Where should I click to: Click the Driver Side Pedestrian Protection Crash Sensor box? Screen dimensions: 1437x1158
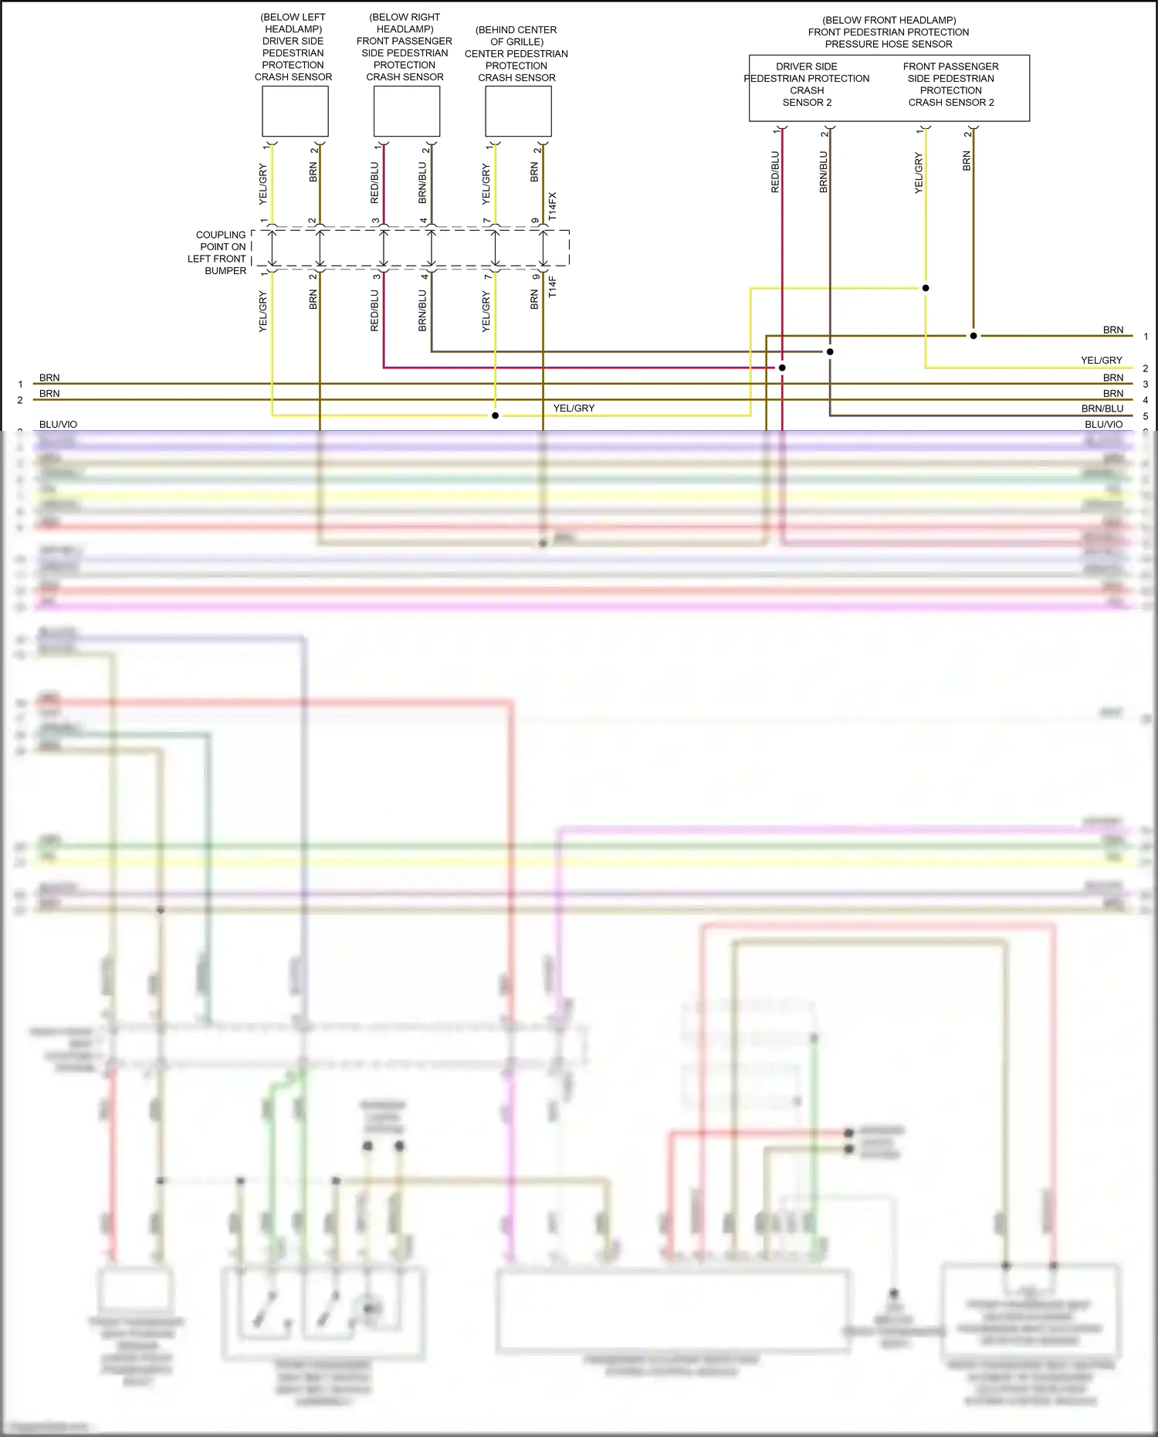[295, 111]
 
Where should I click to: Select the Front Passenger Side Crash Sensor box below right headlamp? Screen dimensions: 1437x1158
[406, 111]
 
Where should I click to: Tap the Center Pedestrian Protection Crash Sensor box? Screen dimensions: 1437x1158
[518, 111]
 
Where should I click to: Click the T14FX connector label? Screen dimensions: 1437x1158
[552, 207]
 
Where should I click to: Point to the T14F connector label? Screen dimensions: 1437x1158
[552, 287]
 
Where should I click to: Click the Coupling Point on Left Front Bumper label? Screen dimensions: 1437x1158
[218, 252]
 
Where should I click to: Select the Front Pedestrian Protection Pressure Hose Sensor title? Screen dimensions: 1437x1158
[889, 32]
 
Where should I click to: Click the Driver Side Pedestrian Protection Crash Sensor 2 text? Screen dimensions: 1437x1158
[807, 84]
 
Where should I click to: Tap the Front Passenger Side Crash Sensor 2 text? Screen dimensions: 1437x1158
[951, 84]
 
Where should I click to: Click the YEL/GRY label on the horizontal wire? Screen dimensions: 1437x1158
[574, 408]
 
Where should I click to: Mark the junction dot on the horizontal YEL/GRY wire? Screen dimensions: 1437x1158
[496, 415]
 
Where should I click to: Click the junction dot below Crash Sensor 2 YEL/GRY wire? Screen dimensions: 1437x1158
[926, 288]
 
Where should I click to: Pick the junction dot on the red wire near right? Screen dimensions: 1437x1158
[782, 368]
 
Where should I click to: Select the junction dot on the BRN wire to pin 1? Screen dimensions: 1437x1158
[973, 336]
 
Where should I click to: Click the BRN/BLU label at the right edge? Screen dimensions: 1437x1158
[1102, 408]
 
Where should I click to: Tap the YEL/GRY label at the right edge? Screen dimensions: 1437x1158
[1102, 361]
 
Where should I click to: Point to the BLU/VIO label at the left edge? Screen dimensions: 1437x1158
[58, 425]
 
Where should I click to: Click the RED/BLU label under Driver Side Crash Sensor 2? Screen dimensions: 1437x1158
[775, 171]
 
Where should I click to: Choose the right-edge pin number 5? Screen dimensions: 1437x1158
[1146, 416]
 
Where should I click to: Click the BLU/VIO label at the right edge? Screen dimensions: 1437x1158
[1104, 425]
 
